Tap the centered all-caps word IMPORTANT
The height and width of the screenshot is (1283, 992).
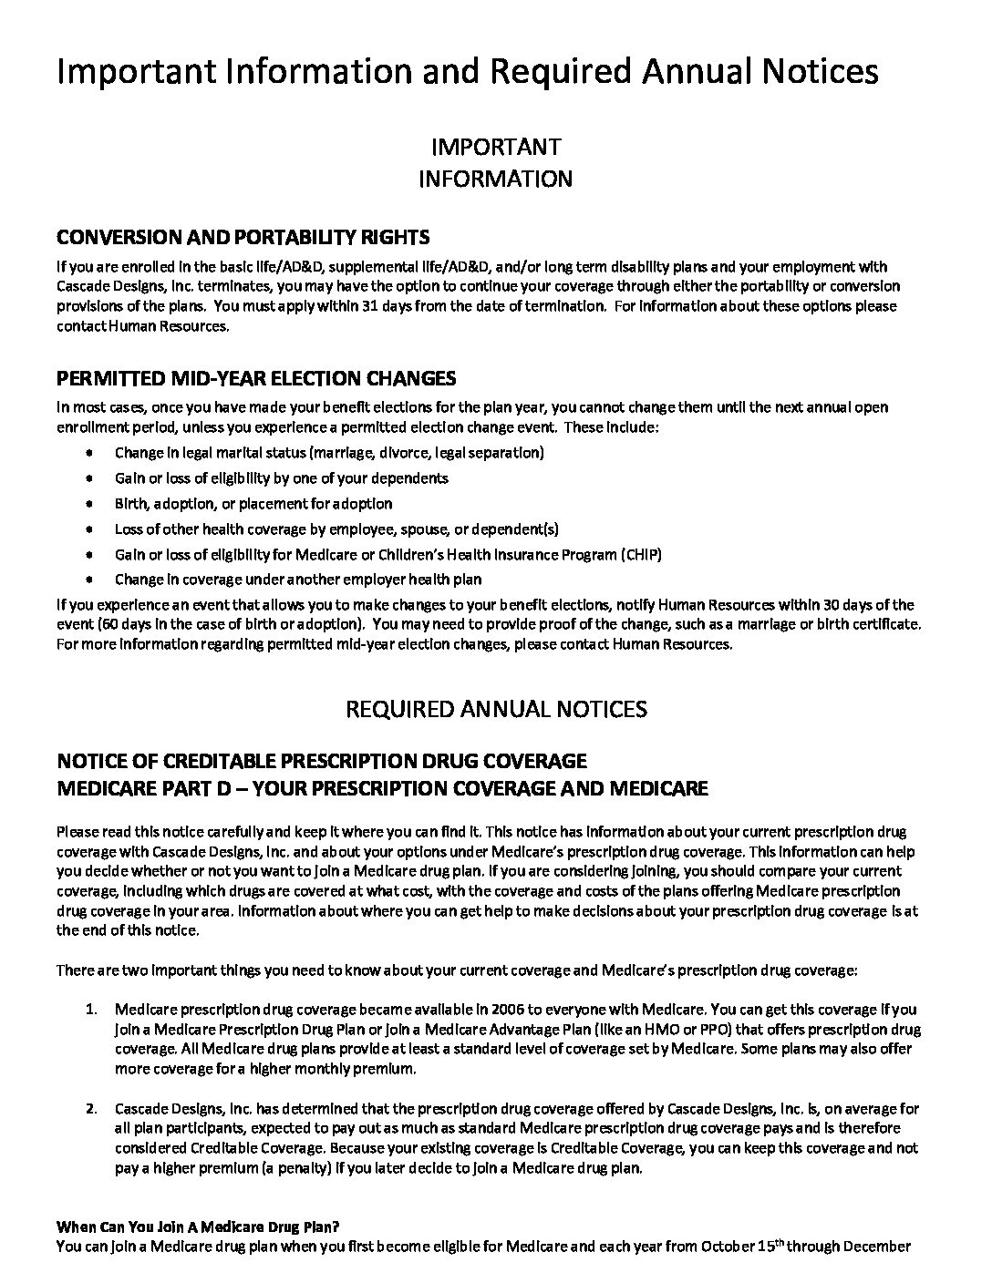495,147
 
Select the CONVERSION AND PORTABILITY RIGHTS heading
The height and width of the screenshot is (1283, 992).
243,238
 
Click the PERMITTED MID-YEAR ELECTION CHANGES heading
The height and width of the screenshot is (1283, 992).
256,377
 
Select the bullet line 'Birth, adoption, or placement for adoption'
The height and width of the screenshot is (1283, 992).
253,503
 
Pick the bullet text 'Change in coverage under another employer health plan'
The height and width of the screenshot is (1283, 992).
298,580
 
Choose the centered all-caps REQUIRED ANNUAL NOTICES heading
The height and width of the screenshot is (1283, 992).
496,709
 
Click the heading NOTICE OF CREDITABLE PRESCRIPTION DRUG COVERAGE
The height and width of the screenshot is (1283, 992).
322,761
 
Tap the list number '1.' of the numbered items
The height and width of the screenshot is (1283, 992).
91,1010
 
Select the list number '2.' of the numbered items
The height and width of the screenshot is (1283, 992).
91,1109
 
